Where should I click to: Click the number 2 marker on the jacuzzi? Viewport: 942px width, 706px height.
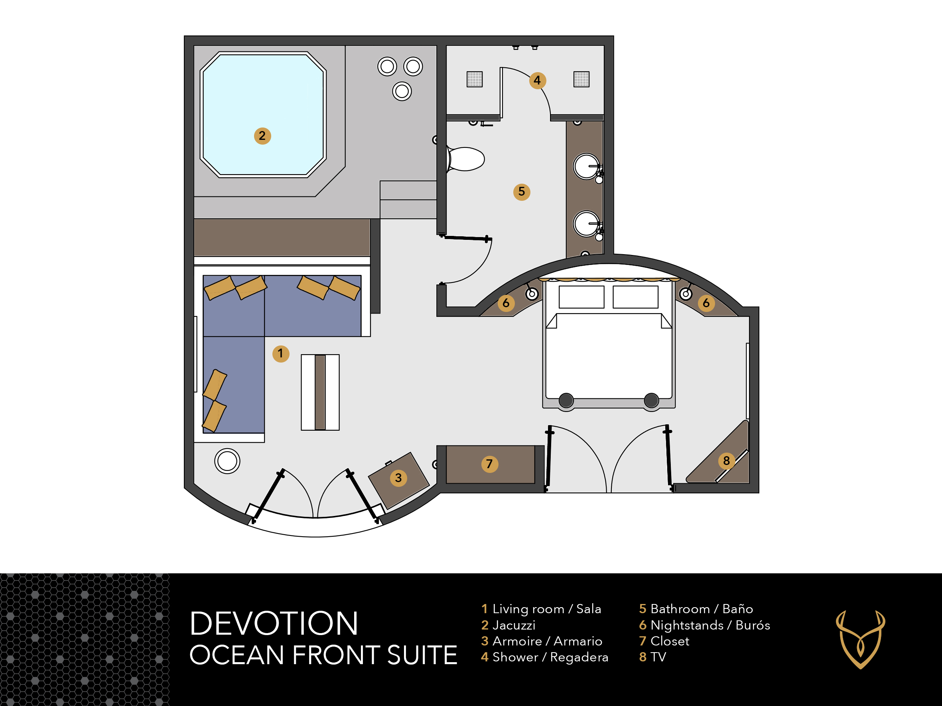(x=262, y=136)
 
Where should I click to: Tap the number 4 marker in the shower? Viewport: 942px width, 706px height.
(x=538, y=80)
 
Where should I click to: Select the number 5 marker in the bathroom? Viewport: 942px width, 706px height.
(x=522, y=192)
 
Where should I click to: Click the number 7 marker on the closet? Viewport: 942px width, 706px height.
(x=490, y=464)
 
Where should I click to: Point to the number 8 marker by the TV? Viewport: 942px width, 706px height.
(x=727, y=461)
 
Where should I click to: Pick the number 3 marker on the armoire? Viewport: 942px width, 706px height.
(x=398, y=478)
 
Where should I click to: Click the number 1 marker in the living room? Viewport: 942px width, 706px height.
(x=281, y=353)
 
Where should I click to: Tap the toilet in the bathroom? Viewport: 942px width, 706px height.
(x=465, y=159)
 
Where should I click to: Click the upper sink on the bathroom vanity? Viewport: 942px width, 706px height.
(x=586, y=167)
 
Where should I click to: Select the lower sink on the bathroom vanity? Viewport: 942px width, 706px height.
(x=586, y=224)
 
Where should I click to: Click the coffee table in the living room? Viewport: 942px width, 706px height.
(x=320, y=392)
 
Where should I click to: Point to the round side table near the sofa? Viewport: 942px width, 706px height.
(x=227, y=461)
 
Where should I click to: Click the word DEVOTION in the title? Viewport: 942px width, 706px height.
(x=274, y=624)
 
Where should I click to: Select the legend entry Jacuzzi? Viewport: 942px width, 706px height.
(x=508, y=625)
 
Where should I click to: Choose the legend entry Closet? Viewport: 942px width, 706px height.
(x=664, y=641)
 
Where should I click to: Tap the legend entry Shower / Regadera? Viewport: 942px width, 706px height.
(x=545, y=657)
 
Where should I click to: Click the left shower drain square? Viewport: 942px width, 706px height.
(x=475, y=79)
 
